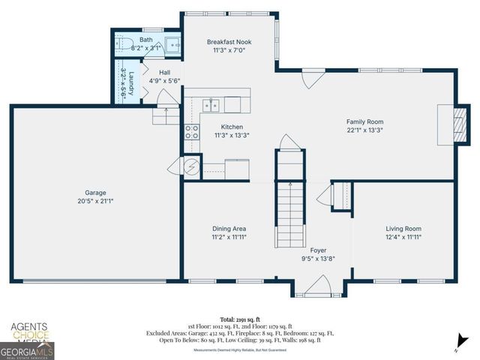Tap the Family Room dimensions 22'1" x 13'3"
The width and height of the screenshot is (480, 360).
pyautogui.click(x=364, y=130)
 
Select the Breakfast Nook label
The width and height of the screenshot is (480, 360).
pyautogui.click(x=229, y=42)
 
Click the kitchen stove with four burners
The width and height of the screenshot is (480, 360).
pyautogui.click(x=192, y=133)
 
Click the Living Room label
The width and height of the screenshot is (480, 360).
pyautogui.click(x=403, y=229)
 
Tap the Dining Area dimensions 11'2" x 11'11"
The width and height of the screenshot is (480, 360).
pyautogui.click(x=229, y=237)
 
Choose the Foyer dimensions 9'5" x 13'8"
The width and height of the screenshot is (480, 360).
pyautogui.click(x=318, y=258)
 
